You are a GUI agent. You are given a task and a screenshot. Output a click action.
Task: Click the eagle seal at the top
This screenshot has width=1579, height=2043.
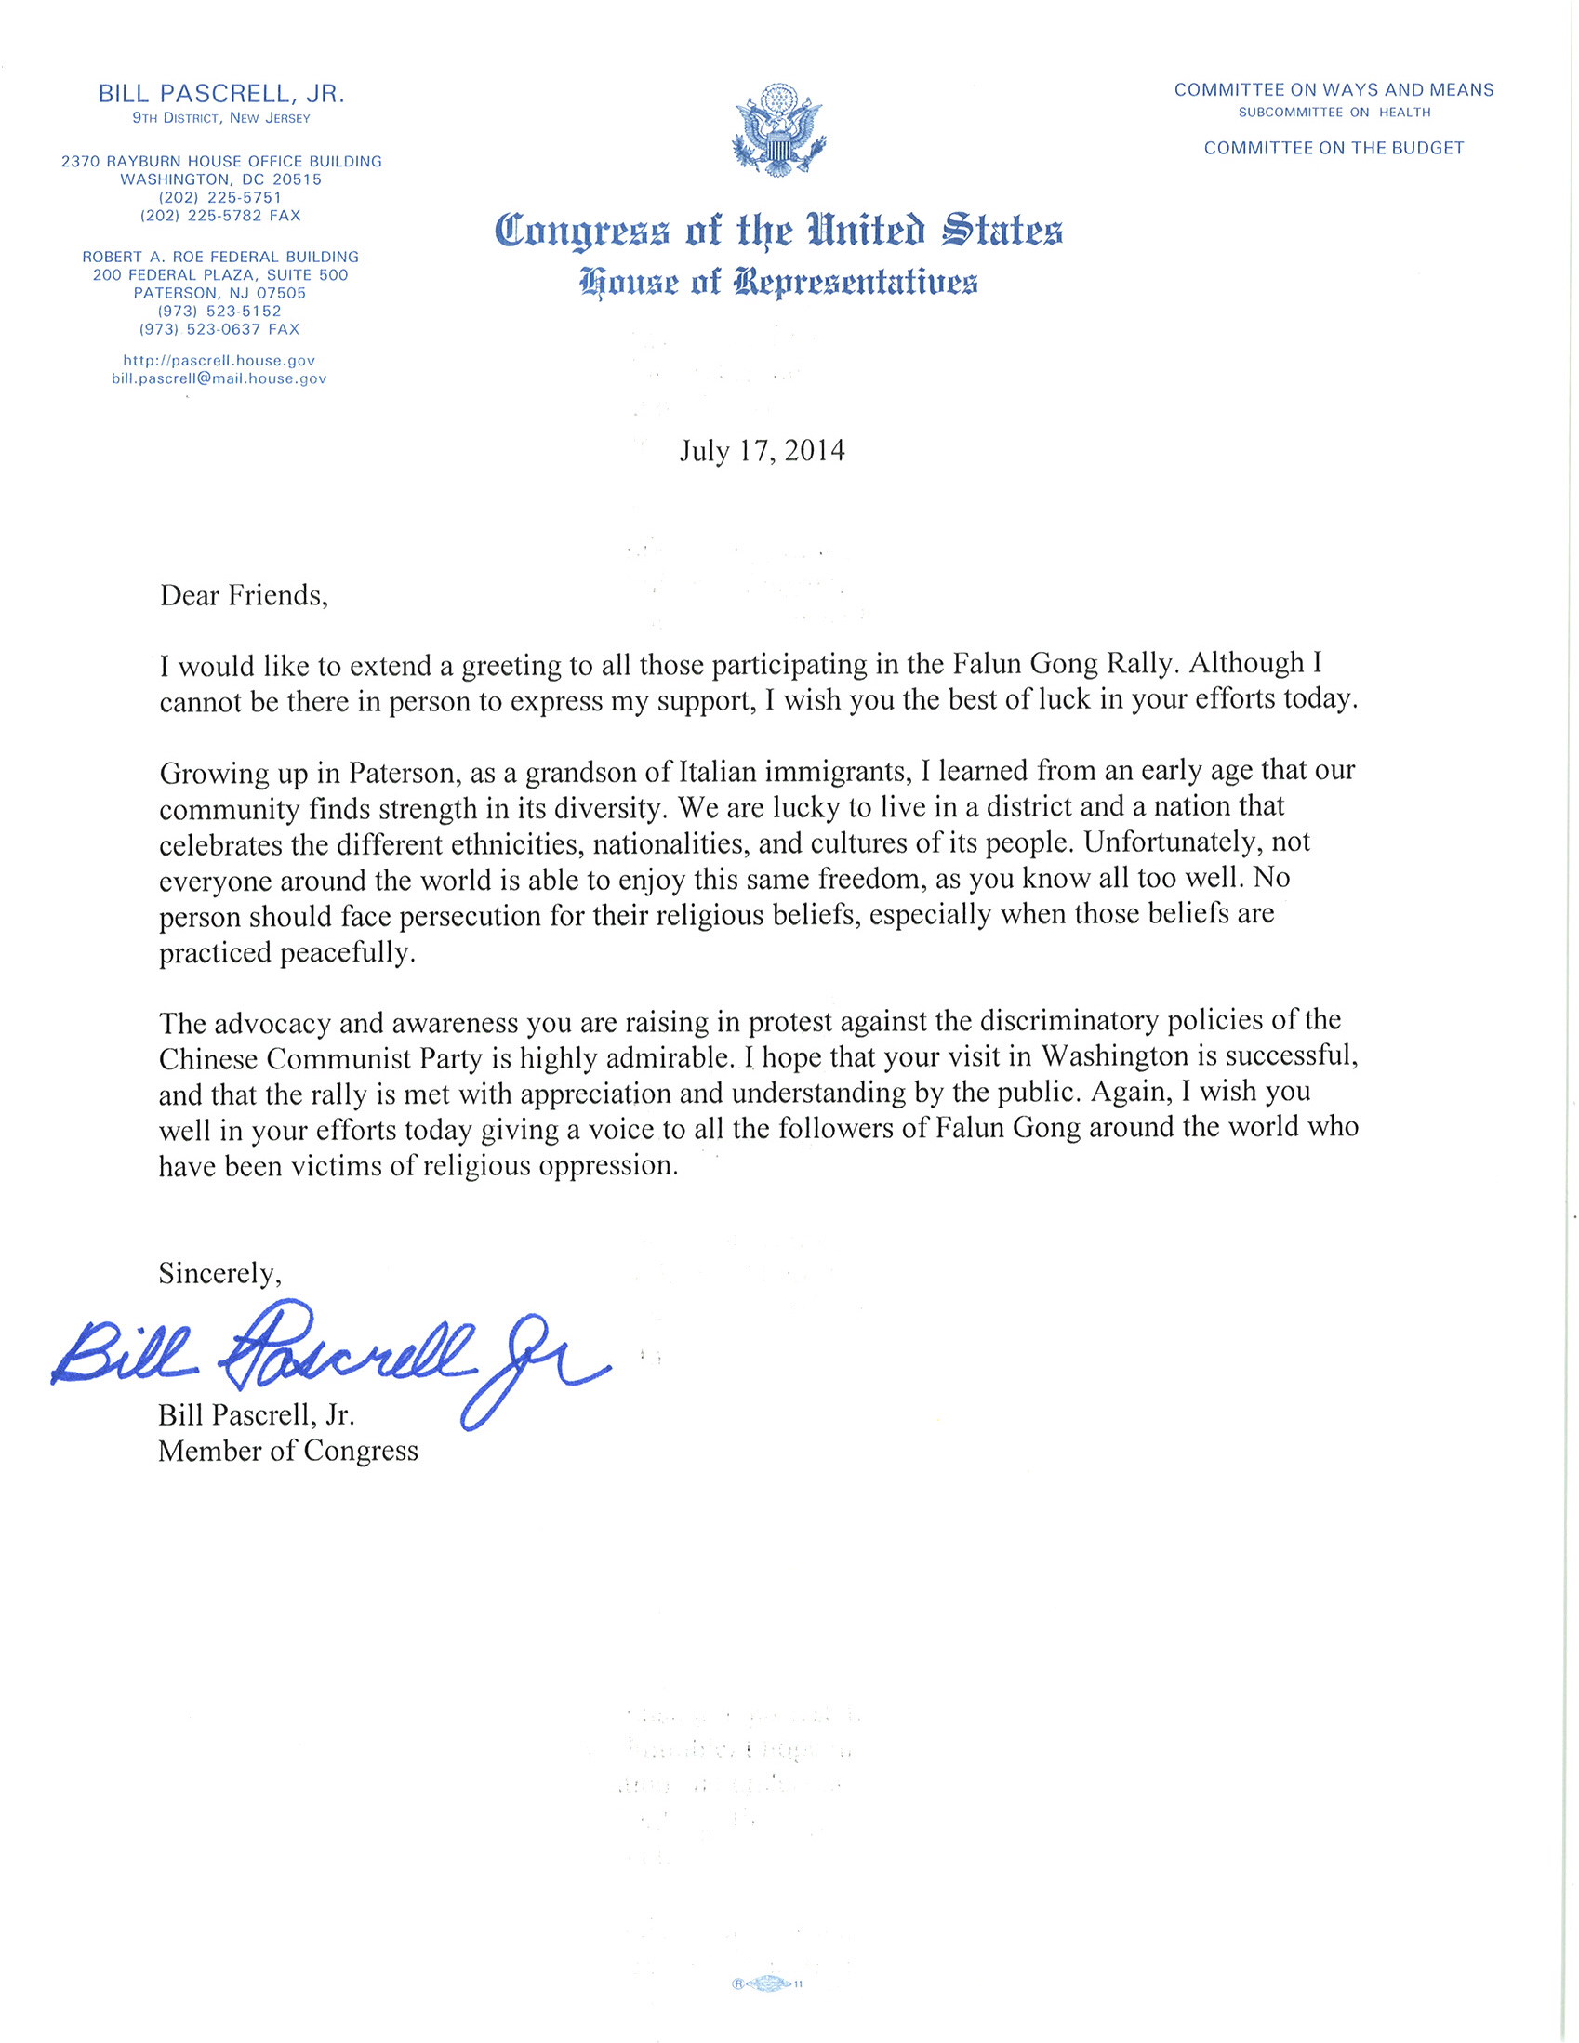(778, 130)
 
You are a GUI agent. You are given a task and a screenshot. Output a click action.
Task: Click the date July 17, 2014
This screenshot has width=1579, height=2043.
(762, 452)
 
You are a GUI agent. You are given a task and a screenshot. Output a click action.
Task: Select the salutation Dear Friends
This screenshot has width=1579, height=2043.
(244, 596)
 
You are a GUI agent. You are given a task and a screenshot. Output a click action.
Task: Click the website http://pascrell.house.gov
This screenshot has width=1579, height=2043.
(219, 360)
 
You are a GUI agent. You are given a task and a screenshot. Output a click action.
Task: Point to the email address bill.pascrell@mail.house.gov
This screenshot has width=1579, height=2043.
(219, 378)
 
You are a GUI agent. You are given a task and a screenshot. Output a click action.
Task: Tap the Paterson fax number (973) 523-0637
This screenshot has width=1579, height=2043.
(219, 329)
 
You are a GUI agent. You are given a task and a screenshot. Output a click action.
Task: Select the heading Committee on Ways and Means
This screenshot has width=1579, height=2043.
(1334, 90)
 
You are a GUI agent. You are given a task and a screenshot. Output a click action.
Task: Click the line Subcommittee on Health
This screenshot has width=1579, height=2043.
(1334, 113)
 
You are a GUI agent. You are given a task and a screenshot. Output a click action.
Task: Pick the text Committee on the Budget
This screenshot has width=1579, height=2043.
(1334, 148)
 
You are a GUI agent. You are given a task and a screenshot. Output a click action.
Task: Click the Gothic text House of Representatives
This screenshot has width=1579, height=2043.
(778, 281)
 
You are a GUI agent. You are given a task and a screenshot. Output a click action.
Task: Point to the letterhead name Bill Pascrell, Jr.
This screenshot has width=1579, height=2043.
(221, 94)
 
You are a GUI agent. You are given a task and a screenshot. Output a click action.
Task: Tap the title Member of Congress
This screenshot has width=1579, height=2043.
(288, 1451)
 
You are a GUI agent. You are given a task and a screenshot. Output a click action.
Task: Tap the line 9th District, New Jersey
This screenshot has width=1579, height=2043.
(221, 118)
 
